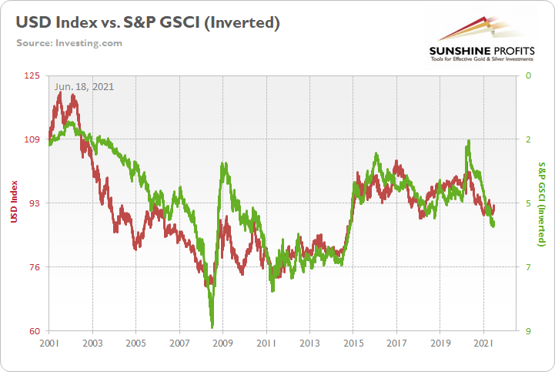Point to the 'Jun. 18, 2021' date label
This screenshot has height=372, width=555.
84,86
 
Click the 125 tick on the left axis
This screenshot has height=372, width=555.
32,75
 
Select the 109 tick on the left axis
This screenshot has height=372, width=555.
32,139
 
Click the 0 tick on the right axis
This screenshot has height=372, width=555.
528,75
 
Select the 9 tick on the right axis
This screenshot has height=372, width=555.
528,331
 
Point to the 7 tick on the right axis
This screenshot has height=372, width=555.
528,267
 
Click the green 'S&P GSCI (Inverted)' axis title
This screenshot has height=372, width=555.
542,203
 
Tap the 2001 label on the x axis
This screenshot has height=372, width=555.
49,344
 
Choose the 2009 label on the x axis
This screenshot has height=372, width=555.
222,344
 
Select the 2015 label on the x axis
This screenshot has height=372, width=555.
353,344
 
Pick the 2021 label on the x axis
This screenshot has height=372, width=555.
484,344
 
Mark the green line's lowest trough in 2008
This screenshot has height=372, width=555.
212,327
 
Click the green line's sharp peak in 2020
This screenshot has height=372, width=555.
468,141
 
